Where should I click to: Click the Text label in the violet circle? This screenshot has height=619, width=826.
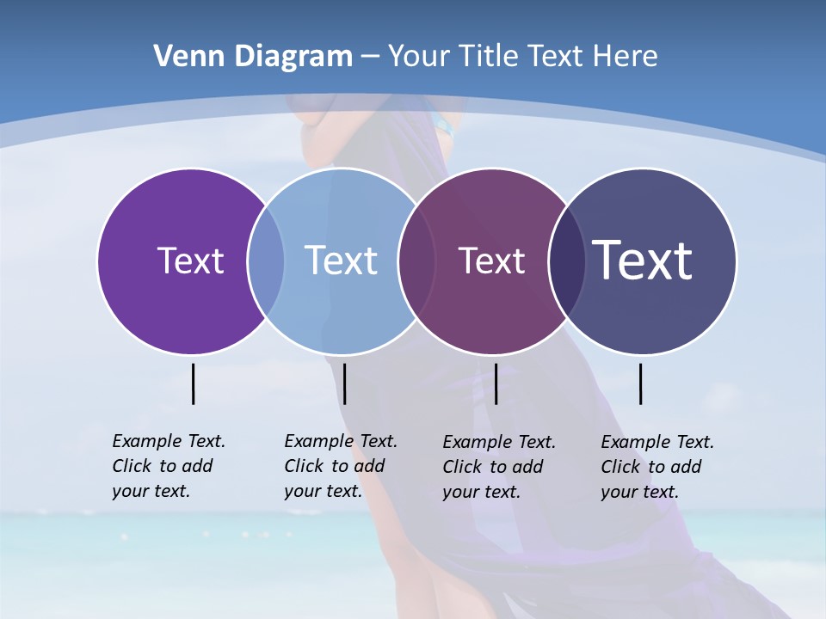point(190,260)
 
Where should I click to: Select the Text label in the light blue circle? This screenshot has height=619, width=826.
point(341,260)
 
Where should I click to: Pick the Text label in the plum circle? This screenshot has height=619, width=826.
point(491,260)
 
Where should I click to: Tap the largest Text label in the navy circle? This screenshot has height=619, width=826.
point(642,260)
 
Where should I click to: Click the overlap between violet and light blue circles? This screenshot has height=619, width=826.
point(266,260)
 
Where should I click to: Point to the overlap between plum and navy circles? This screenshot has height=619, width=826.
point(567,260)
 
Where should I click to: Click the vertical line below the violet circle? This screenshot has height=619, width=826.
point(193,383)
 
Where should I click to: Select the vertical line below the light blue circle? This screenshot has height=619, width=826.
point(344,383)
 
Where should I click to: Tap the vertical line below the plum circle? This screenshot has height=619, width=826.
point(496,383)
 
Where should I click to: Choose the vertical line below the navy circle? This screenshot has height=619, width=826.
point(640,383)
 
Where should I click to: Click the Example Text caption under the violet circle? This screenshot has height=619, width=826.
point(169,466)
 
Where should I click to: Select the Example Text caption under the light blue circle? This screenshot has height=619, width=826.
point(341,466)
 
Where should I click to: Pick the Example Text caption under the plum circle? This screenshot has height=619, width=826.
point(499,467)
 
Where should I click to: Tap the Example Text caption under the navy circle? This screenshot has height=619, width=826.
point(657,467)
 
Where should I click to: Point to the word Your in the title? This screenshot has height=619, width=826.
point(419,57)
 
